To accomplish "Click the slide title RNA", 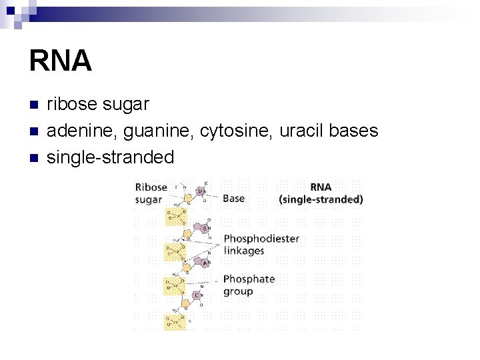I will (x=60, y=61).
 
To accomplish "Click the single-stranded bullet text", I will (x=110, y=157).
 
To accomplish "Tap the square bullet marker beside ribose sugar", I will (x=34, y=105).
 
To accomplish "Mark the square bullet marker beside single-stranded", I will (x=34, y=158).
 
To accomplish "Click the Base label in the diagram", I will (x=233, y=198).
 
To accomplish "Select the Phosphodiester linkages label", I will (x=261, y=245).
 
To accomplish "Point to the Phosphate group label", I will (x=249, y=285).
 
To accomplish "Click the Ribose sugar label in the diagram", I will (x=151, y=193).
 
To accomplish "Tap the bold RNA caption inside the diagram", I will (x=321, y=187).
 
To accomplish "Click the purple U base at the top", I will (x=201, y=192).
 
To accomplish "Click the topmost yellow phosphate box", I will (x=176, y=215).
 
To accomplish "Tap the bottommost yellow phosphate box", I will (x=175, y=323).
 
